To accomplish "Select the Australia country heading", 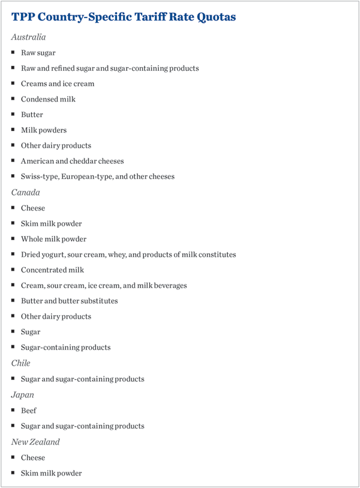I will [28, 37].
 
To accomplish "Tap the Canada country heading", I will [26, 193].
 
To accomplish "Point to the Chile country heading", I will [20, 363].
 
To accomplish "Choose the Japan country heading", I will [22, 395].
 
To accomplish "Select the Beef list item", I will [29, 411].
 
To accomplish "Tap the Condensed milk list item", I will [48, 99].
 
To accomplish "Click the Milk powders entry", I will [44, 130].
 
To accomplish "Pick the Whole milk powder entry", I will [53, 239].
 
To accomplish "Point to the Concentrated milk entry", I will [52, 270].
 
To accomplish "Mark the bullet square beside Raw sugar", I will [13, 53].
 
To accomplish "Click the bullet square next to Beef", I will [13, 411].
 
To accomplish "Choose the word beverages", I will [169, 286].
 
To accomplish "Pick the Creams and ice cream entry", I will [58, 84].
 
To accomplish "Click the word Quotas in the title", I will [215, 17].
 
